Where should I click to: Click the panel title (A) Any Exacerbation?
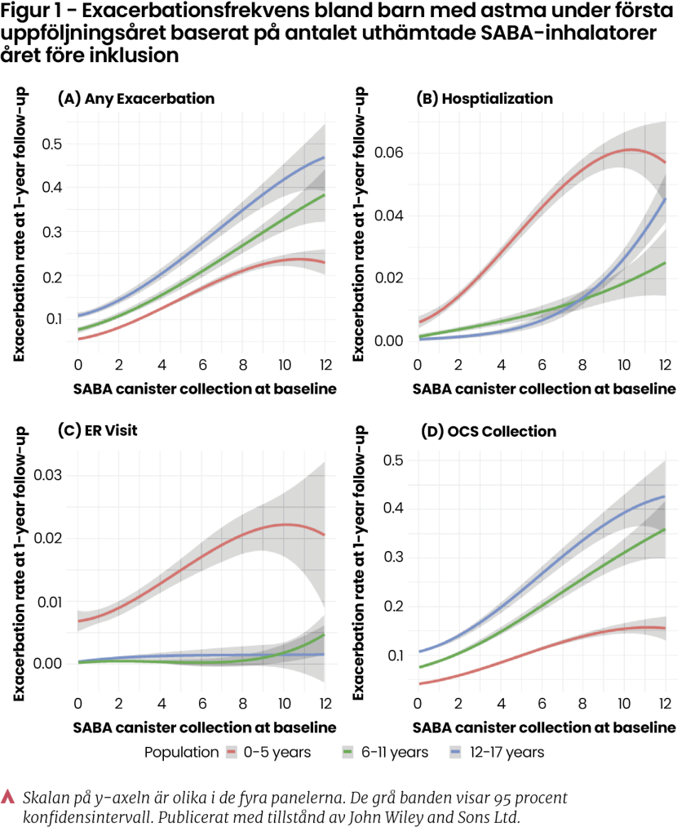[135, 99]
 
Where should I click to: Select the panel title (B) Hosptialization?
[485, 99]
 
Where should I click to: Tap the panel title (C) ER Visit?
[97, 431]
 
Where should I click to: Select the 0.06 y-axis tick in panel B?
[390, 153]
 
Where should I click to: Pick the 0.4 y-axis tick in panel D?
[394, 509]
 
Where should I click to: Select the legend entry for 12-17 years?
[499, 752]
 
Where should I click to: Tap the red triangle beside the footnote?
[10, 796]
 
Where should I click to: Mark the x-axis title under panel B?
[544, 389]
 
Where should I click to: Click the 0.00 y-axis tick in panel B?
[390, 340]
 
